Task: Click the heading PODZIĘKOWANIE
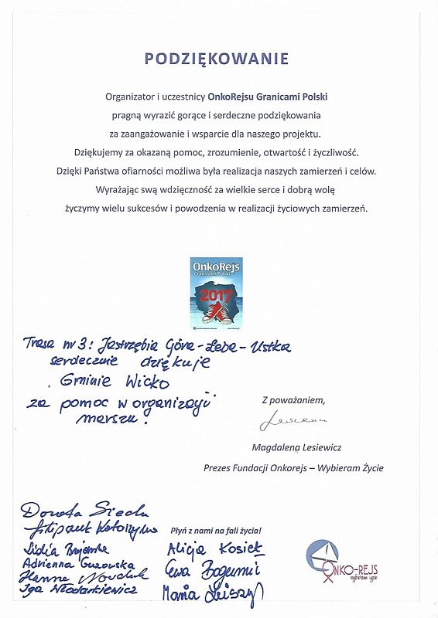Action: [x=217, y=59]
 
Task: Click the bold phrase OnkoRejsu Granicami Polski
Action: [x=263, y=97]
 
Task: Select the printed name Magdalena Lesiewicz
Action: [x=296, y=447]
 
